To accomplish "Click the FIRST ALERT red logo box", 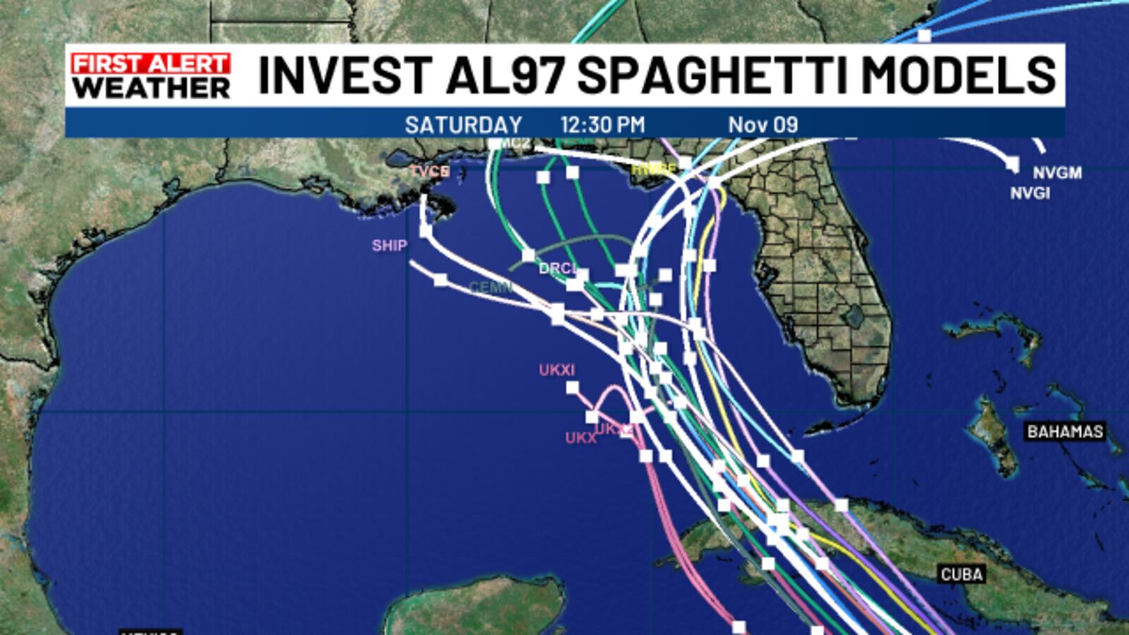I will coord(150,64).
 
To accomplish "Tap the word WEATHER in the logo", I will coord(151,88).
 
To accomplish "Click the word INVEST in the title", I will coord(345,75).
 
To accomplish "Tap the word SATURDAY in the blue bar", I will coord(463,125).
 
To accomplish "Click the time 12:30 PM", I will coord(603,125).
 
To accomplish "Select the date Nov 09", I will coord(763,125).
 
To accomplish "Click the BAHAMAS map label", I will coord(1065,431).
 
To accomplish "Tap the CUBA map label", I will coord(962,574).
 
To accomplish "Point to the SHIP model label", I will coord(390,246).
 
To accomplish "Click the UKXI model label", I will coord(557,370).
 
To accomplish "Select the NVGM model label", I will coord(1057,173).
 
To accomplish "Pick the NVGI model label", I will coord(1030,193).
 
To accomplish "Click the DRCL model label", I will coord(557,269).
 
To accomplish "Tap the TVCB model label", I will coord(430,171).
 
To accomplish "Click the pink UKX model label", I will coord(581,438).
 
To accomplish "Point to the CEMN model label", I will coord(490,287).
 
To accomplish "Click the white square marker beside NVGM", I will coord(1013,164).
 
